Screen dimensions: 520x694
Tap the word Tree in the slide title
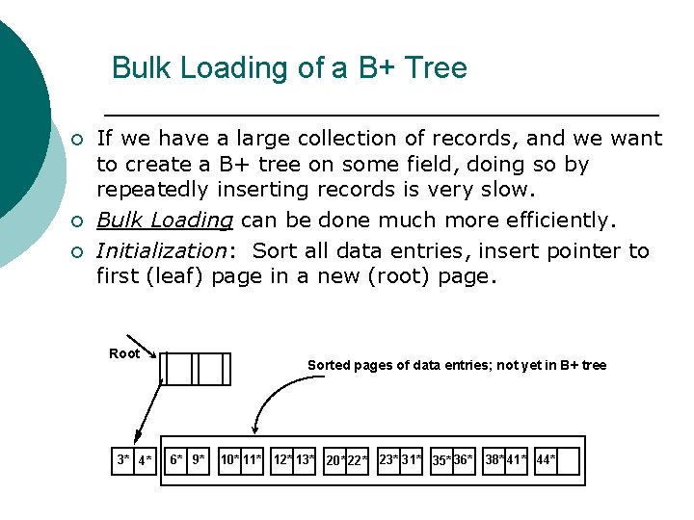tap(438, 68)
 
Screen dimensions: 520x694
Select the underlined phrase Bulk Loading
tap(165, 221)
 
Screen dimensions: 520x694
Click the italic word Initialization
tap(159, 251)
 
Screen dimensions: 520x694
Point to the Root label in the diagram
tap(124, 354)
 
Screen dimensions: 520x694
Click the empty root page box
tap(195, 368)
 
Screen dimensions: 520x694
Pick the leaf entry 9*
tap(199, 460)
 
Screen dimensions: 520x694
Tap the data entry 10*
tap(230, 460)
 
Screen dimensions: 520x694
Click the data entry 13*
tap(307, 460)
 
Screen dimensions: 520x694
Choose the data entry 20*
tap(335, 461)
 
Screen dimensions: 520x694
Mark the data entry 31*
tap(413, 460)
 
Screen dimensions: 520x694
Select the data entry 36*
tap(463, 460)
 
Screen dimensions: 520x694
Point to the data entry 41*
tap(517, 460)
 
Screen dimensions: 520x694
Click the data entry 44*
tap(546, 460)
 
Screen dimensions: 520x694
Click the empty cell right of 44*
tap(569, 461)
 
